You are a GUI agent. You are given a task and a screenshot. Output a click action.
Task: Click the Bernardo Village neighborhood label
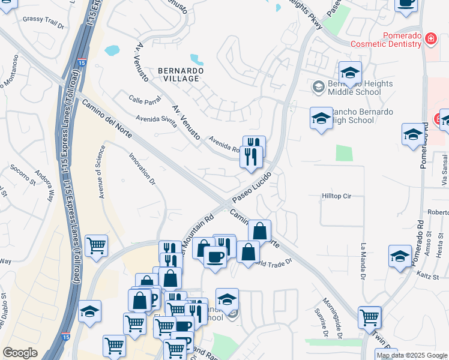(x=181, y=74)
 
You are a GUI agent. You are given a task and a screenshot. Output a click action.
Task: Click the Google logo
(x=20, y=353)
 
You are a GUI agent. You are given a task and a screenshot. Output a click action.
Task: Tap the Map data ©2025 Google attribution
(x=412, y=355)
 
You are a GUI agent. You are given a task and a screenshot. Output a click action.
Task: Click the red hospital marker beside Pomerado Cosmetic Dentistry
(x=430, y=40)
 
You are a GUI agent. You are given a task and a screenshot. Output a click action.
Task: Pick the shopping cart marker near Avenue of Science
(x=96, y=245)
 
